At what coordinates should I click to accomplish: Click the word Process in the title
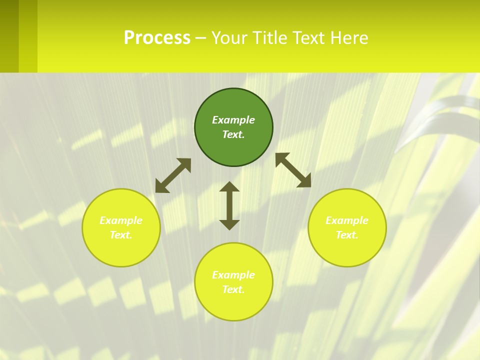click(157, 38)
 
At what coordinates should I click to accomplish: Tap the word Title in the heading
click(270, 38)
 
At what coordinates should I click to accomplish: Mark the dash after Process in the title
click(201, 38)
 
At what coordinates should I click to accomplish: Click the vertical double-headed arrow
click(229, 205)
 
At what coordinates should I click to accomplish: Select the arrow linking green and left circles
click(173, 175)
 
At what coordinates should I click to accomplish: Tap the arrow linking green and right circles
click(293, 170)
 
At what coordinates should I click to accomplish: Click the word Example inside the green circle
click(233, 120)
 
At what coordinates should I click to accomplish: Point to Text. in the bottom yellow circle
click(233, 289)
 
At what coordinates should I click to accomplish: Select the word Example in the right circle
click(347, 220)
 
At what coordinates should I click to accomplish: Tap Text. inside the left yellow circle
click(121, 235)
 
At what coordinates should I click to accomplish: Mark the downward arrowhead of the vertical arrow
click(229, 224)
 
